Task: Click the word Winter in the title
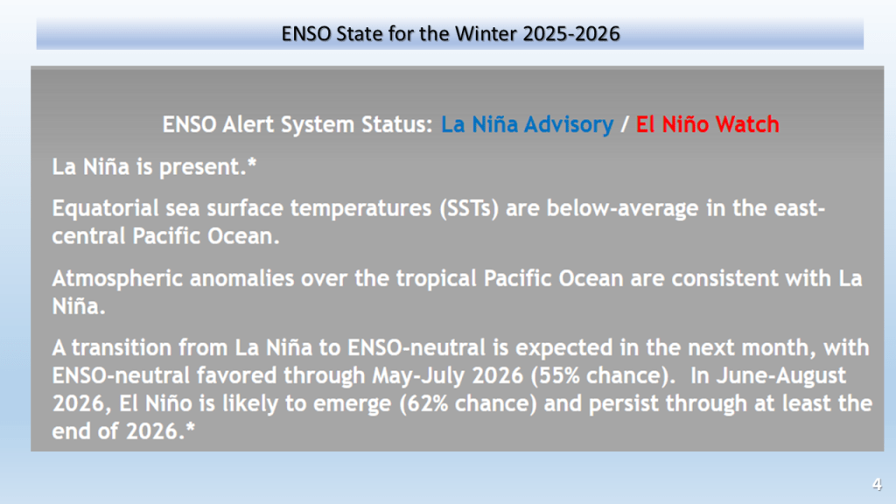click(486, 34)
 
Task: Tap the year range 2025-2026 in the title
click(571, 34)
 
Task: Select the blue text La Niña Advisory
click(527, 124)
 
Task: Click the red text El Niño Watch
click(707, 124)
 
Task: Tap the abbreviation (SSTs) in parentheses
click(469, 208)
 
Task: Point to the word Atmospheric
click(117, 279)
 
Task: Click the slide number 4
click(877, 485)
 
